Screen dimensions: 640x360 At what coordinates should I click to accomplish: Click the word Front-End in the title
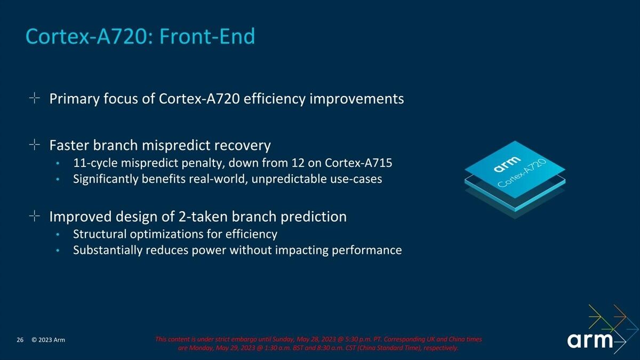click(207, 36)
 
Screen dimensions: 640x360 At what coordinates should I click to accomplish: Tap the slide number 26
click(20, 340)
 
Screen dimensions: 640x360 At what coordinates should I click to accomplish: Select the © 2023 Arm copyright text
click(49, 340)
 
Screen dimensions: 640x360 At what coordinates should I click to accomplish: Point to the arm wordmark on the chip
click(507, 164)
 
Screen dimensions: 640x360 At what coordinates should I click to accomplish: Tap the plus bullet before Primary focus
click(34, 98)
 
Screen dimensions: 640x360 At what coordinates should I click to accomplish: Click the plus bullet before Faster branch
click(34, 145)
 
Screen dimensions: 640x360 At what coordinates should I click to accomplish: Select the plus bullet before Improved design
click(34, 216)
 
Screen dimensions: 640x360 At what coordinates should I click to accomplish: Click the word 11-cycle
click(95, 163)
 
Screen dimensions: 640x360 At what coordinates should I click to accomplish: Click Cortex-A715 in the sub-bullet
click(358, 163)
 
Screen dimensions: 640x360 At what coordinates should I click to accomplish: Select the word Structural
click(100, 234)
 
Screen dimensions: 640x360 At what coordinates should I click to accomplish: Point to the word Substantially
click(107, 250)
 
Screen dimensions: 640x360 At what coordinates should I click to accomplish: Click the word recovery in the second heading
click(242, 146)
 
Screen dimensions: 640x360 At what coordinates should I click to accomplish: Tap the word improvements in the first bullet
click(357, 99)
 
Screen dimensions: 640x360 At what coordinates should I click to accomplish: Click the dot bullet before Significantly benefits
click(58, 179)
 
